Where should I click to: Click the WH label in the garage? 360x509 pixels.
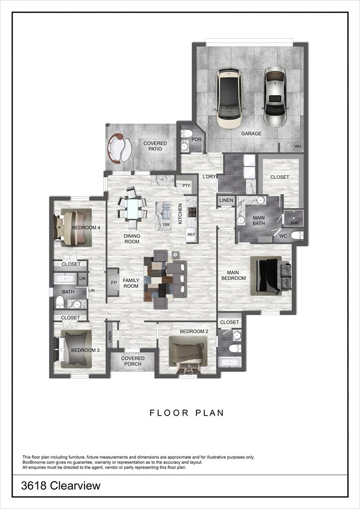(298, 147)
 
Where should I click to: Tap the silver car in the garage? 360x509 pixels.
(275, 96)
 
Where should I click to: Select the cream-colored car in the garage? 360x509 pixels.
(230, 98)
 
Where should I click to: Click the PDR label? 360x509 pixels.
(196, 139)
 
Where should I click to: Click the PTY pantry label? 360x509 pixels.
(186, 185)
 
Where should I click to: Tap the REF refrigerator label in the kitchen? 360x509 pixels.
(191, 234)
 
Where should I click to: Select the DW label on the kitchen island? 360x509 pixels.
(166, 224)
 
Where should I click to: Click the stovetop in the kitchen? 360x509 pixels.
(192, 212)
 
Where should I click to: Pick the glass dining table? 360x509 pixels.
(133, 209)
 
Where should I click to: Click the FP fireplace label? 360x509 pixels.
(114, 283)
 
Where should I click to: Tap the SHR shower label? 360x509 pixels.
(294, 223)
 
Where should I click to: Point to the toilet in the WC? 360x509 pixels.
(297, 235)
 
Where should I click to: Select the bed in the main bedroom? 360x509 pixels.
(270, 276)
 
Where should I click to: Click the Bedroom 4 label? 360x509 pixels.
(86, 228)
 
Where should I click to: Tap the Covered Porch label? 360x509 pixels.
(133, 361)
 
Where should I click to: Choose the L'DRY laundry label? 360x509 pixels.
(209, 176)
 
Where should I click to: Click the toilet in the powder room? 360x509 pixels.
(187, 133)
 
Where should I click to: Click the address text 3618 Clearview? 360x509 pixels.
(61, 486)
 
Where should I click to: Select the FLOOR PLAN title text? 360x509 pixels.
(186, 413)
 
